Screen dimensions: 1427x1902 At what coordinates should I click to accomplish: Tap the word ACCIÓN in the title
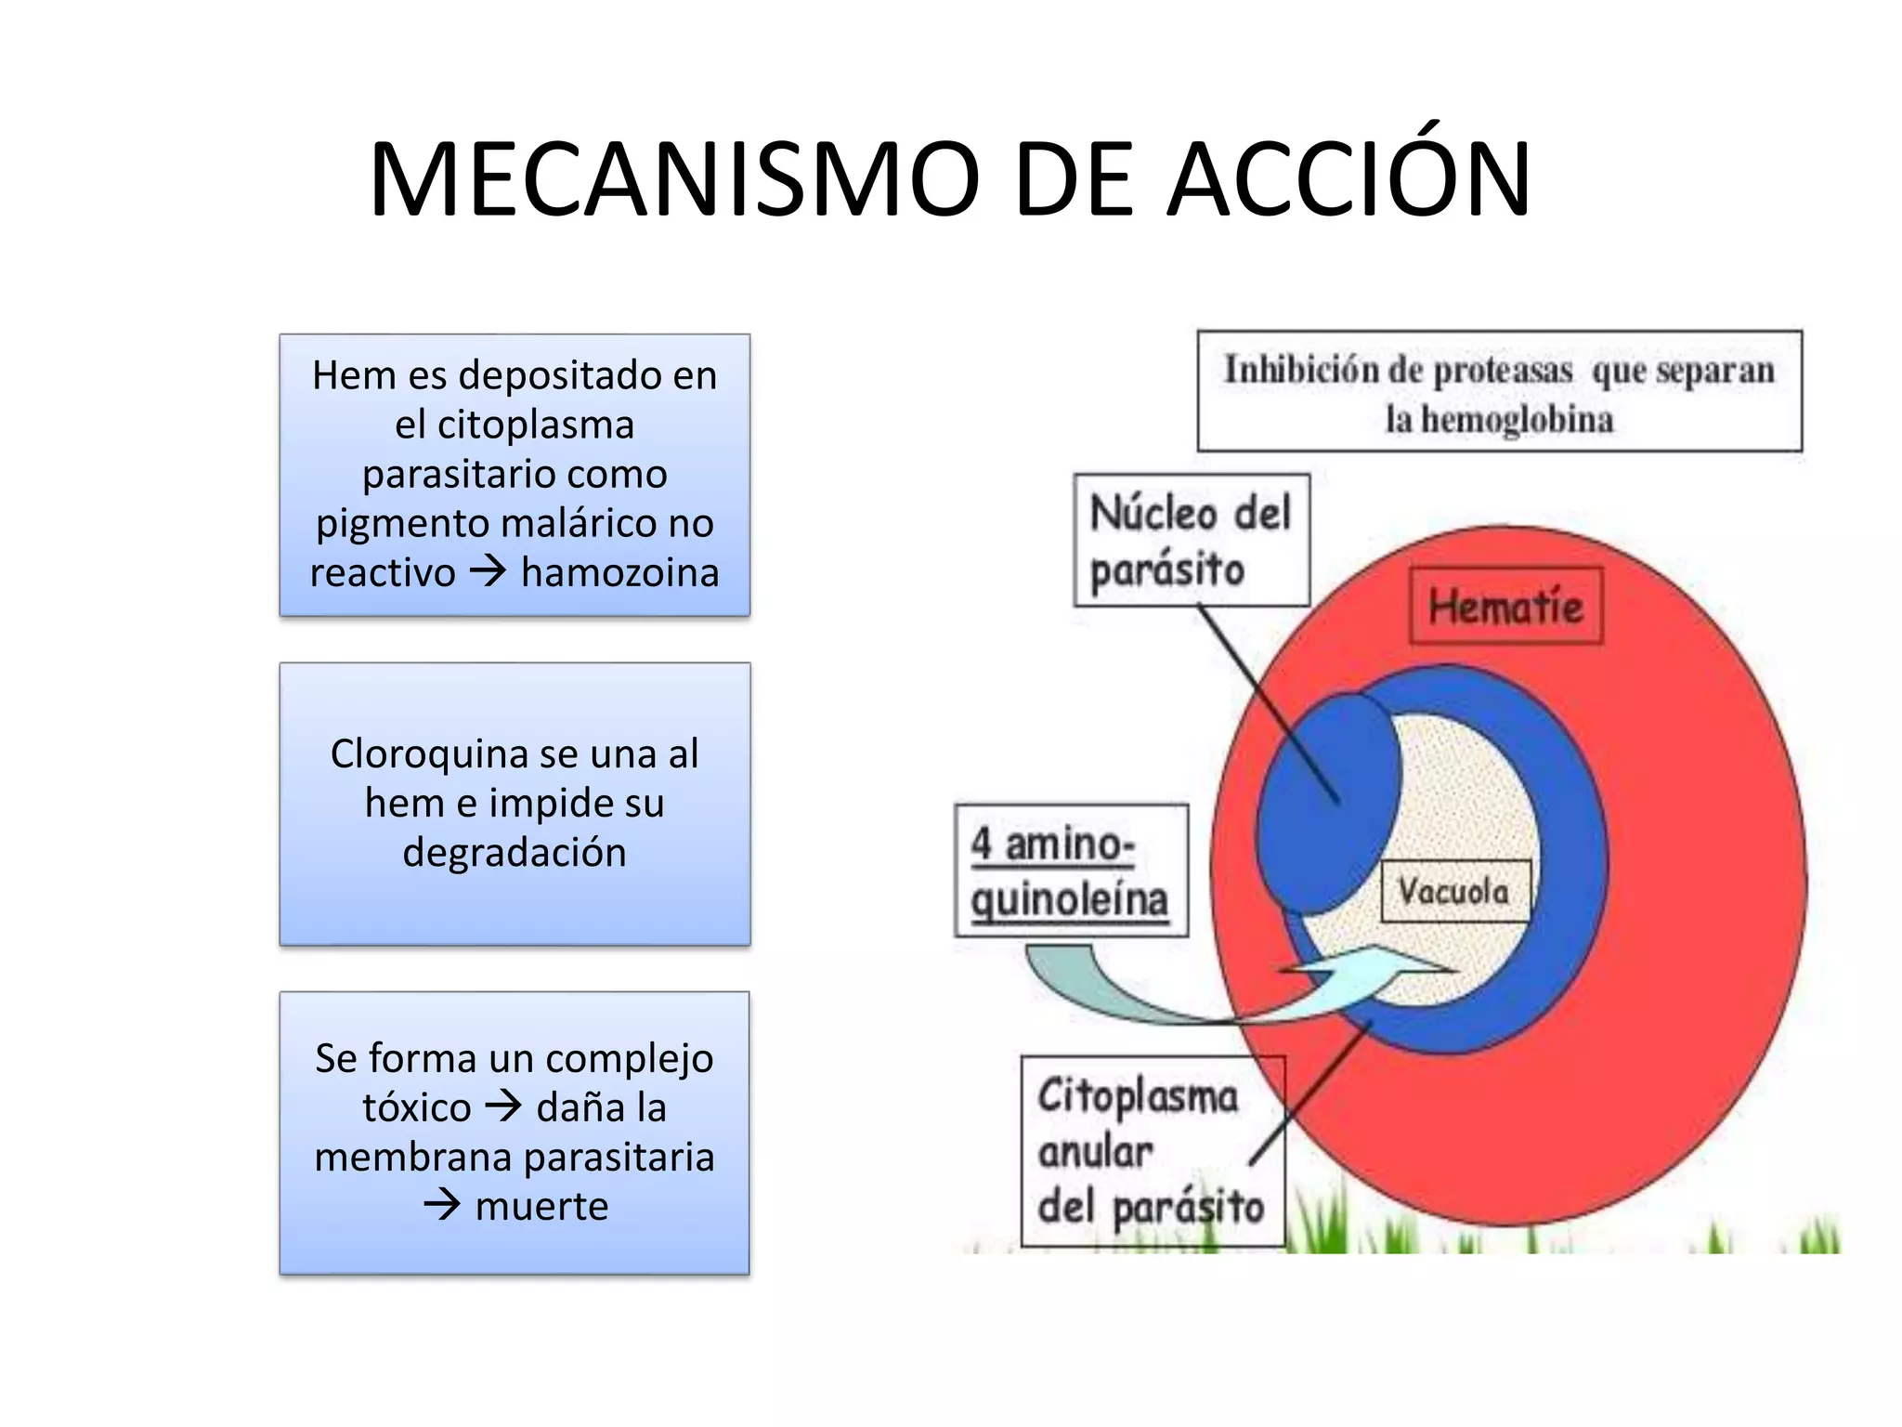coord(1348,180)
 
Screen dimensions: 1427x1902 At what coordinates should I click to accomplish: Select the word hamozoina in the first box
coord(619,573)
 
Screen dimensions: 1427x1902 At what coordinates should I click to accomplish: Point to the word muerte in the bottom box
coord(541,1207)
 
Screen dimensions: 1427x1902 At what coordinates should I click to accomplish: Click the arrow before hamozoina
coord(488,570)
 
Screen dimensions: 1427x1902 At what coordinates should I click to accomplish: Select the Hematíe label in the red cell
coord(1505,607)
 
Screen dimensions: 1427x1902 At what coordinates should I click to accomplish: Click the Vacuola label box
coord(1454,892)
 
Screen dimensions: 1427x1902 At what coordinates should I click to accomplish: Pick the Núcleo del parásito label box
coord(1191,541)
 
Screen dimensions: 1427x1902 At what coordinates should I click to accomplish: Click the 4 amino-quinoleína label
coord(1071,871)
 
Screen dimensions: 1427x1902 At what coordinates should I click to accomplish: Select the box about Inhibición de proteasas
coord(1499,392)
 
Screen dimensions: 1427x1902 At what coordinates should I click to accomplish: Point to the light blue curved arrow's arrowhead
coord(1412,967)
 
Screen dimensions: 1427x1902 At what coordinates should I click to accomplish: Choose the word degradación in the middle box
coord(515,853)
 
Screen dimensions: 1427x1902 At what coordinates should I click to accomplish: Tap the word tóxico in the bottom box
coord(416,1108)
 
